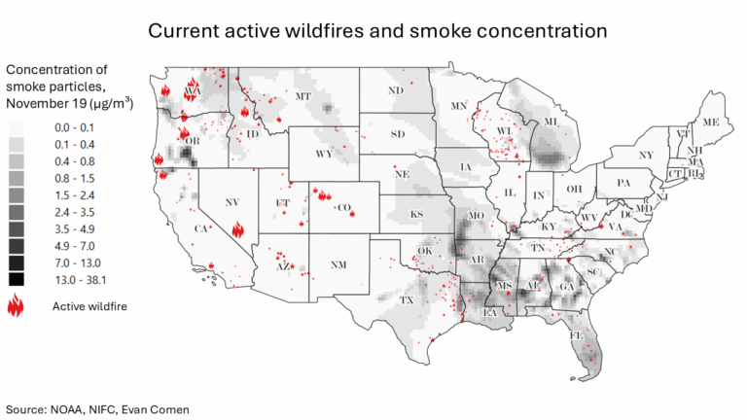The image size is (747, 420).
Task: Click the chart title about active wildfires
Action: click(377, 30)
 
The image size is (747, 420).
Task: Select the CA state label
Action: click(203, 228)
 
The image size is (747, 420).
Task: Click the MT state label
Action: click(302, 96)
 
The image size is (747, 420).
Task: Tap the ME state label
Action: click(710, 122)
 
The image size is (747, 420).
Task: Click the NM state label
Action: click(337, 264)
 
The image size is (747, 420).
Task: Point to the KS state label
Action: click(416, 214)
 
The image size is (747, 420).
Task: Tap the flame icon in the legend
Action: click(16, 307)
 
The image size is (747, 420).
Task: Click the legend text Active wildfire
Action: click(89, 307)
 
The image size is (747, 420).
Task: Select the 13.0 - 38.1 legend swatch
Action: click(16, 280)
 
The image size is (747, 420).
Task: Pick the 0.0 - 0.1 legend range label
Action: click(74, 127)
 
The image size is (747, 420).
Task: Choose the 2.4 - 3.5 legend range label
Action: click(74, 209)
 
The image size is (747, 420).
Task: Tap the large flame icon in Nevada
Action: click(238, 230)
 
